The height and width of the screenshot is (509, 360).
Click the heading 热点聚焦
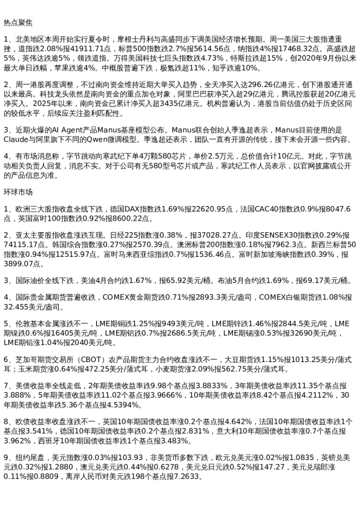coord(17,22)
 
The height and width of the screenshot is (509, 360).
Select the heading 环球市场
coord(17,193)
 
